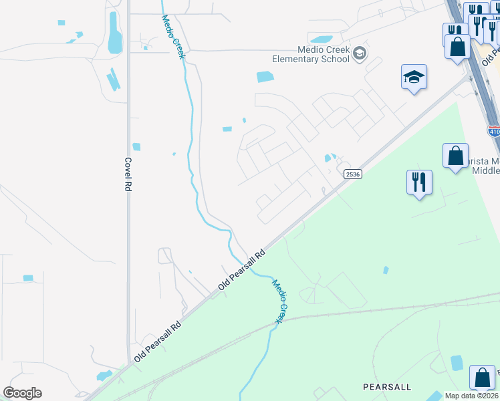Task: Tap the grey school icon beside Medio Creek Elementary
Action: click(360, 53)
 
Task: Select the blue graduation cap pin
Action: click(414, 78)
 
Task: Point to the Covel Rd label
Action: click(127, 174)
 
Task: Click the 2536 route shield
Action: click(353, 174)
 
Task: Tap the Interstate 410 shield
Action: click(494, 132)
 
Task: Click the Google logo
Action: click(22, 393)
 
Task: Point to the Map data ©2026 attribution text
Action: click(472, 396)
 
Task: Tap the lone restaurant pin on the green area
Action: click(419, 182)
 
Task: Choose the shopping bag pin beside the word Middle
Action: click(455, 156)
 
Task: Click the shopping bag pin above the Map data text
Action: click(482, 378)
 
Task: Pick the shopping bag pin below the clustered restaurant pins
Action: click(458, 47)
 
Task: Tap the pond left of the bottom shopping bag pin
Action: click(457, 363)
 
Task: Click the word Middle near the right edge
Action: click(486, 170)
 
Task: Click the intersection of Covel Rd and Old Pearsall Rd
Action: click(128, 366)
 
